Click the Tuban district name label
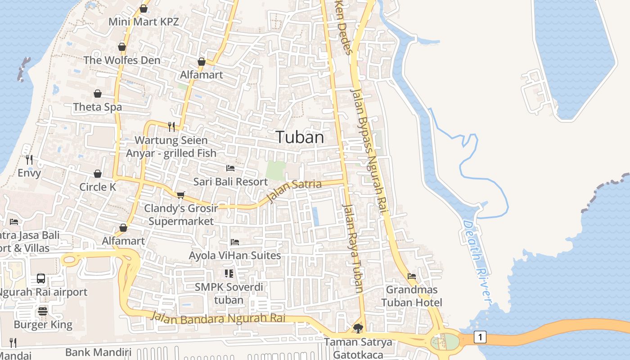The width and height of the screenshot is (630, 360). click(300, 137)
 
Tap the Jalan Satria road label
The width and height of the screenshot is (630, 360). click(295, 190)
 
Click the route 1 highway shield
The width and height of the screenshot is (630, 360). click(480, 337)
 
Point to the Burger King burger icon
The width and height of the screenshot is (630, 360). click(43, 311)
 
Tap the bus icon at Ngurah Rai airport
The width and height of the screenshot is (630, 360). click(41, 279)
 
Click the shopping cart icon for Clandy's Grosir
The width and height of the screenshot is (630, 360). click(180, 195)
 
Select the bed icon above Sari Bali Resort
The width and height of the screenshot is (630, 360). click(230, 168)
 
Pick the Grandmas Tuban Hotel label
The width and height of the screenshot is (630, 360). click(412, 296)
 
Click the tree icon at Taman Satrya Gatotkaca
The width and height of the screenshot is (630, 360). click(358, 328)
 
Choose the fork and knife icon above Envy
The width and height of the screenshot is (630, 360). click(29, 159)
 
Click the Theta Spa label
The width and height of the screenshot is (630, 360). click(97, 107)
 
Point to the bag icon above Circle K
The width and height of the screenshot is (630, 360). click(98, 174)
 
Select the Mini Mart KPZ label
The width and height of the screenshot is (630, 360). click(144, 22)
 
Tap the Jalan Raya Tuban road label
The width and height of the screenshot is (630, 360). click(353, 247)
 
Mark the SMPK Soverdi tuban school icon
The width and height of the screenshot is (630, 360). click(229, 274)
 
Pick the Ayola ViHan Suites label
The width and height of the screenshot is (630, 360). click(235, 256)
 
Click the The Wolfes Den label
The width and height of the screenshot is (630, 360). click(121, 60)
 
